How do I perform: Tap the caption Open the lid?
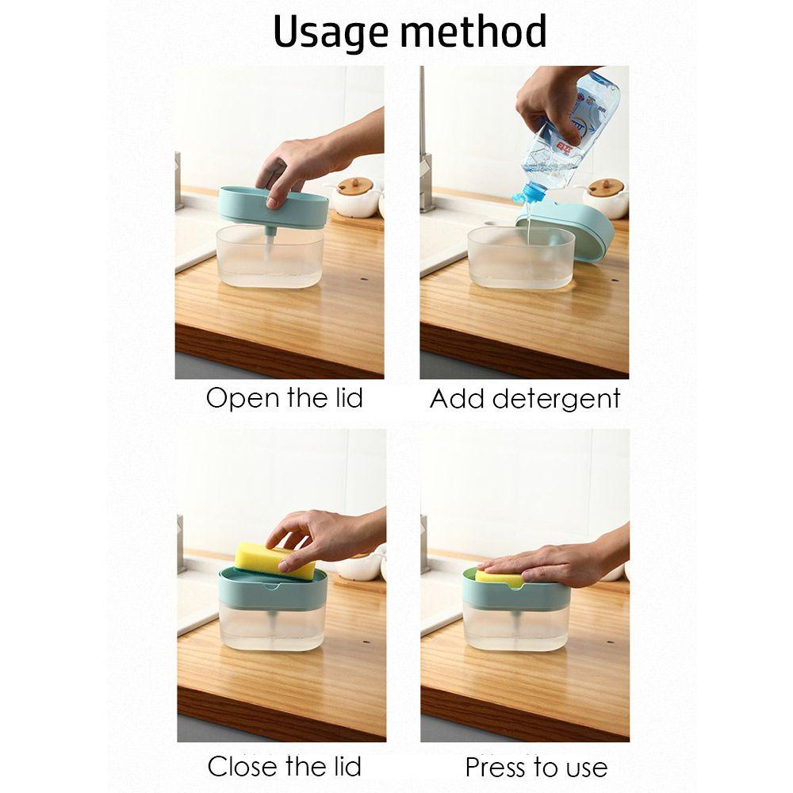click(284, 398)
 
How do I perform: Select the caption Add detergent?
click(525, 400)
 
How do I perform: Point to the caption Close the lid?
click(284, 766)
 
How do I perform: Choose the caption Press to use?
click(536, 767)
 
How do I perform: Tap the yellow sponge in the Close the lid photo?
click(274, 560)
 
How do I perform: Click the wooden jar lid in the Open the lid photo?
click(355, 186)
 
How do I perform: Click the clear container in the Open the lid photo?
click(270, 256)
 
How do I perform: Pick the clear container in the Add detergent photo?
click(521, 258)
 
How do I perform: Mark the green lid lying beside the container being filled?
click(566, 229)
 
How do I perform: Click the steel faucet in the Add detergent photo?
click(426, 151)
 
